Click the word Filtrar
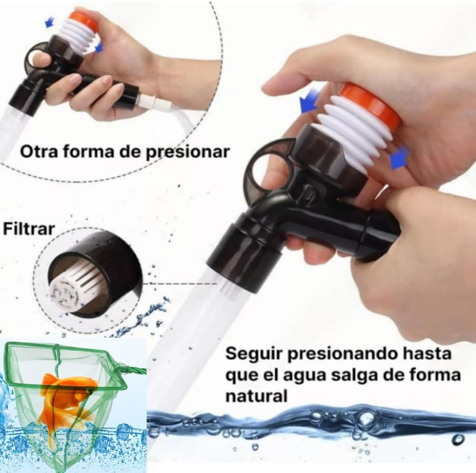(29, 228)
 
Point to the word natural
(257, 396)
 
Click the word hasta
(428, 354)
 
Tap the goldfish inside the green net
(67, 400)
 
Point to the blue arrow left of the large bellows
(309, 101)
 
